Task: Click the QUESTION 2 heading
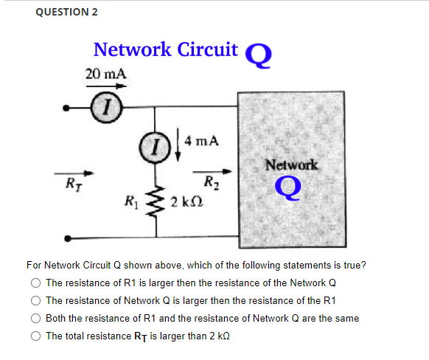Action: [x=66, y=12]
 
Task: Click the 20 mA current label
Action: [x=105, y=75]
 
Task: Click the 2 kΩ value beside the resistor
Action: [x=183, y=202]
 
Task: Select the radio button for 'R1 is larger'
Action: [x=35, y=283]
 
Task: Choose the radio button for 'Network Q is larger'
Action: [x=35, y=300]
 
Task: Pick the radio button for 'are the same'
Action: [x=35, y=318]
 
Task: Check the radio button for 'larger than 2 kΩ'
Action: [x=35, y=336]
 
